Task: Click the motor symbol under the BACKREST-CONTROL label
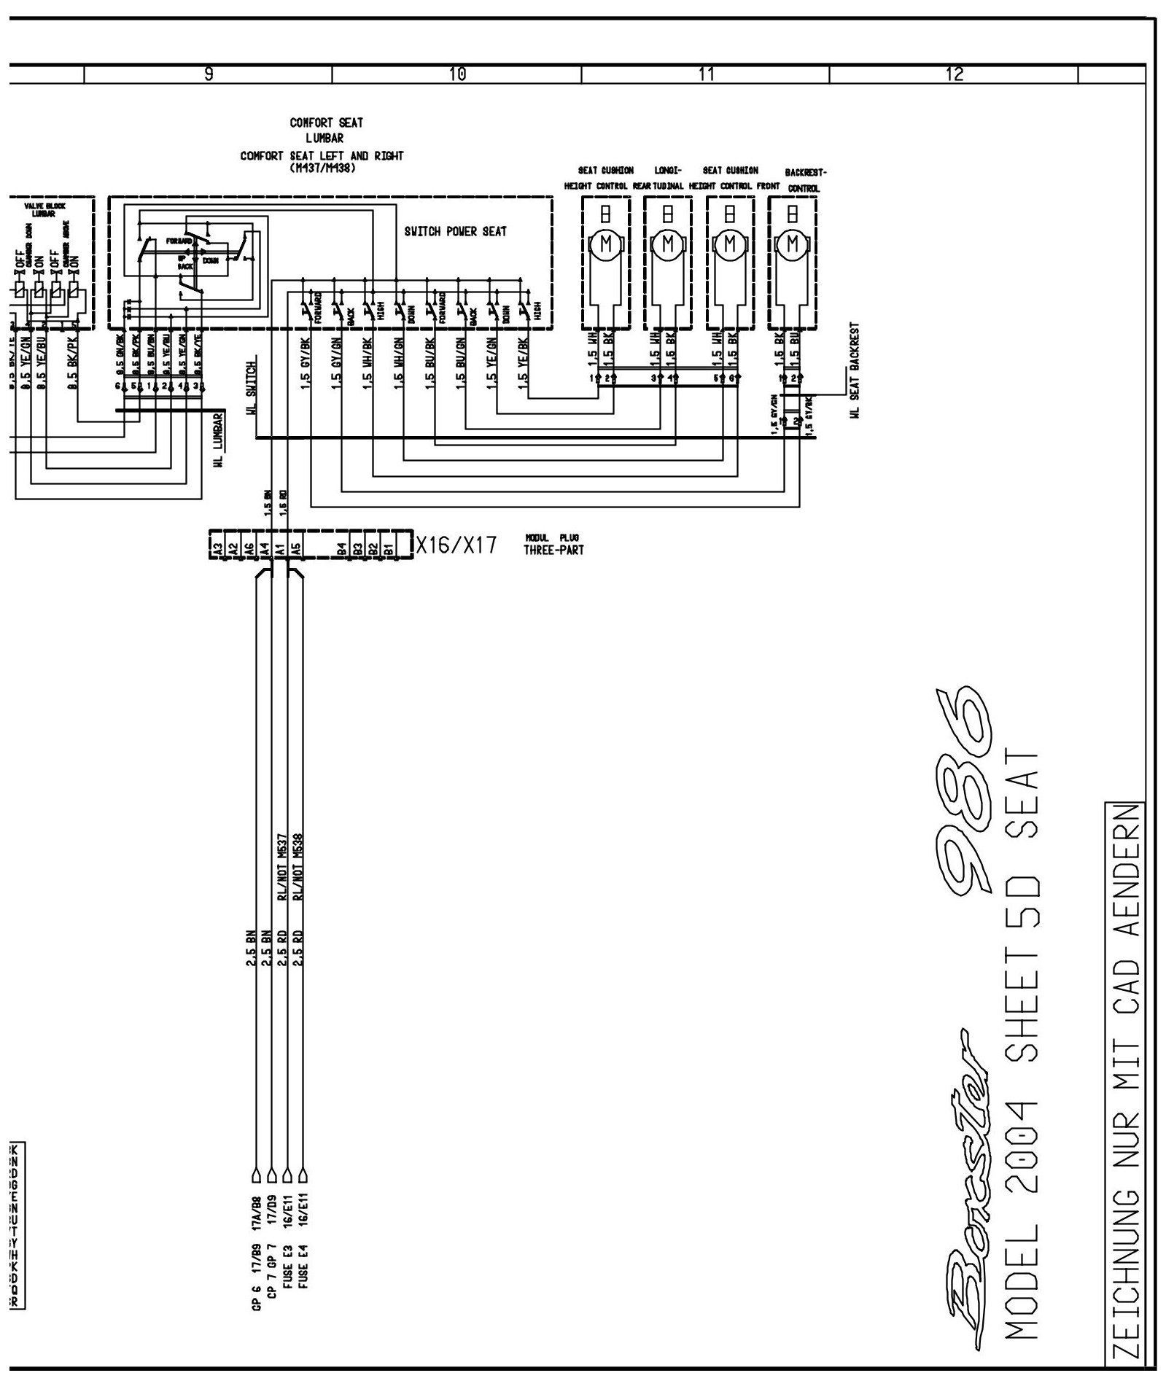pos(792,244)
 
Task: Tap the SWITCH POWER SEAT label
pos(455,232)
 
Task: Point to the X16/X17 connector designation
pos(456,545)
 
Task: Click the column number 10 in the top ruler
pos(457,74)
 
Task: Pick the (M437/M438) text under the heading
pos(322,166)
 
